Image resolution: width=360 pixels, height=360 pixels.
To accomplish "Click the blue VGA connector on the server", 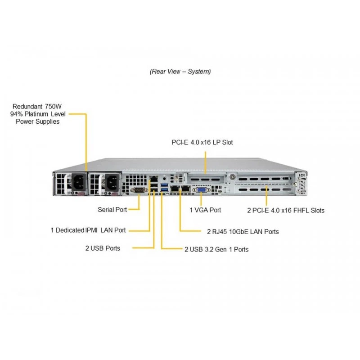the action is click(x=201, y=190).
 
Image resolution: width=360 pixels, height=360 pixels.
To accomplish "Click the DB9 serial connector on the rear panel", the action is click(x=139, y=190).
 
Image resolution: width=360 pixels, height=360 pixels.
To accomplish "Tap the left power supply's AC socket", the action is click(x=79, y=182).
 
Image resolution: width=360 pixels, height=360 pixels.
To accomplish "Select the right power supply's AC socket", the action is click(x=112, y=182).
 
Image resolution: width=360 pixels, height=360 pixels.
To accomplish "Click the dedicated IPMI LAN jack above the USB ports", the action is click(x=153, y=179).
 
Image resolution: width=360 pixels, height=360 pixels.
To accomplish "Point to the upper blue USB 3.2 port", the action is click(x=164, y=185).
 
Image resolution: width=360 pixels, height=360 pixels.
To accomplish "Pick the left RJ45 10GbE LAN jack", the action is click(x=175, y=189).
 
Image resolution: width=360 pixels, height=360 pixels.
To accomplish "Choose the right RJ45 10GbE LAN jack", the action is click(x=185, y=189).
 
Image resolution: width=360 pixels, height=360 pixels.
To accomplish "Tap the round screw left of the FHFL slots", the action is click(x=233, y=177).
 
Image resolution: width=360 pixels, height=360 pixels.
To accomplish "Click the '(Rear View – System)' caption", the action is click(x=180, y=72).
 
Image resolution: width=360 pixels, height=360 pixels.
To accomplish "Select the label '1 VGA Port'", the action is click(x=205, y=210).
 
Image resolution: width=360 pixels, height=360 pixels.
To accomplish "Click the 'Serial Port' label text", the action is click(x=112, y=210).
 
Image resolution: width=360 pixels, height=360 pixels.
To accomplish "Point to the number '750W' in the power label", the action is click(x=53, y=107).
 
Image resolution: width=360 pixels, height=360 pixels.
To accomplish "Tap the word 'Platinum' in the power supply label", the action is click(x=36, y=114).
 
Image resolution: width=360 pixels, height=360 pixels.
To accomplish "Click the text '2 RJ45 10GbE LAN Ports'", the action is click(x=243, y=232).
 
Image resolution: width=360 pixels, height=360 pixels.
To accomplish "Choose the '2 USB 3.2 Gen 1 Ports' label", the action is click(x=216, y=249).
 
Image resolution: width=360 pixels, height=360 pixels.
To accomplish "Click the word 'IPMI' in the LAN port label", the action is click(x=91, y=230).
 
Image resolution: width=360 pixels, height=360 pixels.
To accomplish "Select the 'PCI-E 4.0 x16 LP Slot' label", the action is click(x=202, y=142).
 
